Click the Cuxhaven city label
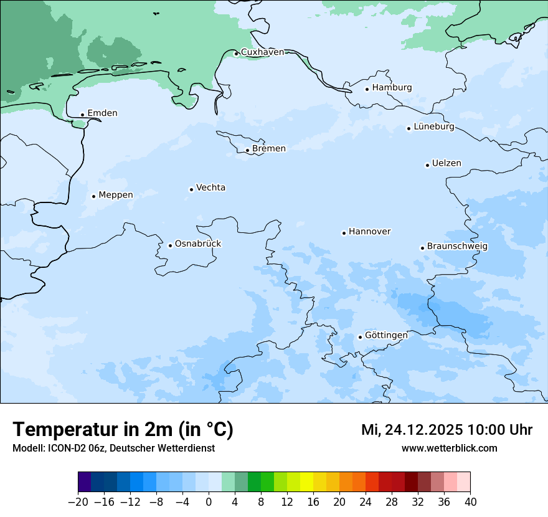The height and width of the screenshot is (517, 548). [x=262, y=52]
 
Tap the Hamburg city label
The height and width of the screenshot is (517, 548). [x=392, y=88]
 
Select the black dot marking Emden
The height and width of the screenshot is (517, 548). [x=82, y=115]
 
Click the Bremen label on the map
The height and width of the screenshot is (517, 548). [x=269, y=149]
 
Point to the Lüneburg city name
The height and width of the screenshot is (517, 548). [x=433, y=127]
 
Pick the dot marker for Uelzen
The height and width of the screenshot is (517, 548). [x=428, y=165]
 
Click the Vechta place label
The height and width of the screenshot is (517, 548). [x=210, y=187]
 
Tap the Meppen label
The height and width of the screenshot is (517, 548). [x=116, y=195]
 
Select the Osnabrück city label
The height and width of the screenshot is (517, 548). [x=198, y=244]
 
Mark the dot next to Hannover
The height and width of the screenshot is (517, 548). [x=344, y=233]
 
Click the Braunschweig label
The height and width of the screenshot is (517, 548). [x=457, y=246]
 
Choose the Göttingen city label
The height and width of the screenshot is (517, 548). [x=386, y=335]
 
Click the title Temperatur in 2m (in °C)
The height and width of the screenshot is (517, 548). [x=123, y=430]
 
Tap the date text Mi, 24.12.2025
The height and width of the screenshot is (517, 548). [x=411, y=430]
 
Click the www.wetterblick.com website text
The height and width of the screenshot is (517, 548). [x=449, y=448]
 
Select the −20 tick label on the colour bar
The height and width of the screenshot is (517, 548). [x=78, y=502]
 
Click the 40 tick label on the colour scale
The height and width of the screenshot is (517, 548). [x=470, y=502]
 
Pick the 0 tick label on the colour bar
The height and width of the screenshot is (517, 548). [x=209, y=502]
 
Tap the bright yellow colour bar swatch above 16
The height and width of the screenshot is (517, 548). [x=306, y=482]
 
